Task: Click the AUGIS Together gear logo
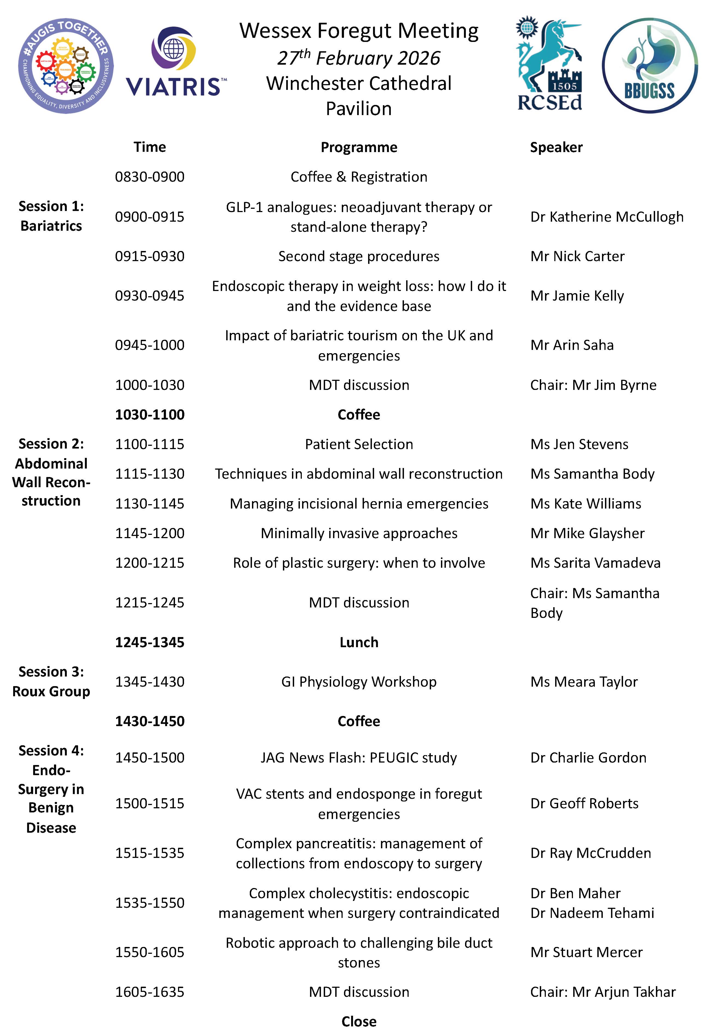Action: coord(65,65)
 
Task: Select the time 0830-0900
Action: coord(150,177)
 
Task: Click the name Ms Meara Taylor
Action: coord(584,681)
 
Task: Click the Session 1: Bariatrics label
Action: coord(51,216)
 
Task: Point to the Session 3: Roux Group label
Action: coord(51,681)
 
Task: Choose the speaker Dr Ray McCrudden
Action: coord(590,853)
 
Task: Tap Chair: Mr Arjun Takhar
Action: coord(603,992)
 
